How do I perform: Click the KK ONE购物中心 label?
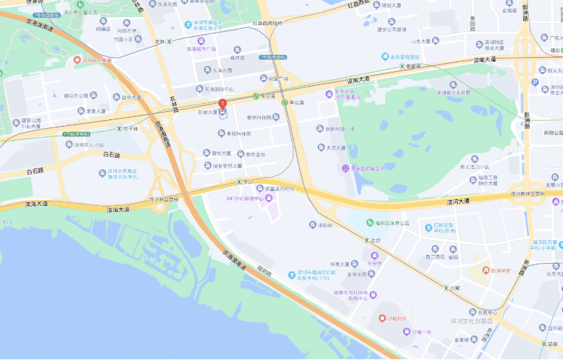(250, 199)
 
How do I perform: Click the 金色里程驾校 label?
(404, 56)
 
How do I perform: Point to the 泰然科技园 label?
(260, 117)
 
